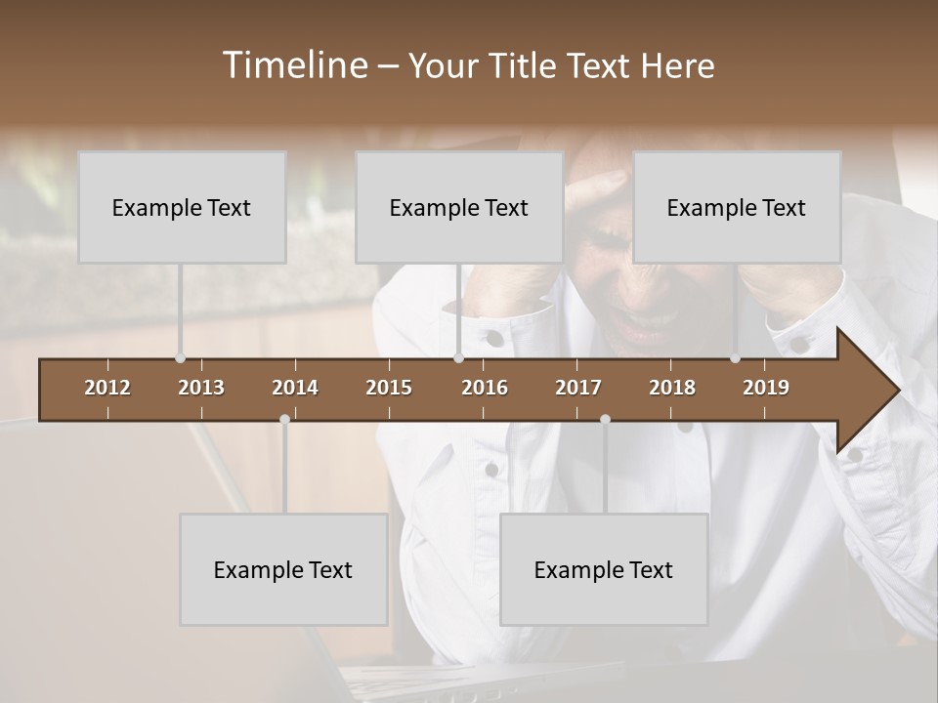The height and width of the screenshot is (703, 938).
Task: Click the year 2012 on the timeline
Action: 107,388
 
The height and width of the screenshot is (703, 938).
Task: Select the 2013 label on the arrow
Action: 201,388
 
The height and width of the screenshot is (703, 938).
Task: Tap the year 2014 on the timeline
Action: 295,388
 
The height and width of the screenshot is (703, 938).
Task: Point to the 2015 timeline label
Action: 389,388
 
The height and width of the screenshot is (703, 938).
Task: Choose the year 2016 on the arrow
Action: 485,388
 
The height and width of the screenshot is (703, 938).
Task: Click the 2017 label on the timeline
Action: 578,388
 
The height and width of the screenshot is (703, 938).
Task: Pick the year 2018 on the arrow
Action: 672,388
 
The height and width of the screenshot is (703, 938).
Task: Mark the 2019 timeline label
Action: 766,388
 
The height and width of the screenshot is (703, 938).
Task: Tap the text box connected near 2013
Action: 182,208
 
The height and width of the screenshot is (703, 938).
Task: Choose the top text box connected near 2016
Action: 459,208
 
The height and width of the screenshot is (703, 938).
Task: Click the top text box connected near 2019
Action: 737,208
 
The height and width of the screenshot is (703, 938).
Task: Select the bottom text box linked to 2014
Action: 283,570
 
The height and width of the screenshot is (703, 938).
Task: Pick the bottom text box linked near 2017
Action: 604,570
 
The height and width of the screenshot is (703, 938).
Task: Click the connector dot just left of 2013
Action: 180,358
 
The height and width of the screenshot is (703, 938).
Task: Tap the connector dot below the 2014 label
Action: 284,419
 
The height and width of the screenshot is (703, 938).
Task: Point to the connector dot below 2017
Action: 605,419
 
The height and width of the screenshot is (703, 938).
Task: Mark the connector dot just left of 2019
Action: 736,358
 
